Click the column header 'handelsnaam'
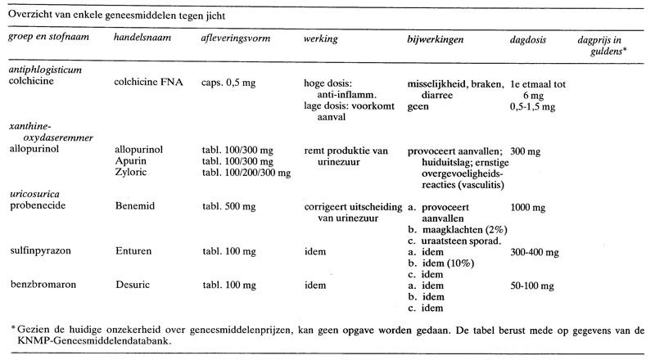(140, 38)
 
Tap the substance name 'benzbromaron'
(39, 286)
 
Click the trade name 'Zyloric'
(132, 173)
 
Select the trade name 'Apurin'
(131, 162)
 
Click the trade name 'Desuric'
(133, 286)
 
